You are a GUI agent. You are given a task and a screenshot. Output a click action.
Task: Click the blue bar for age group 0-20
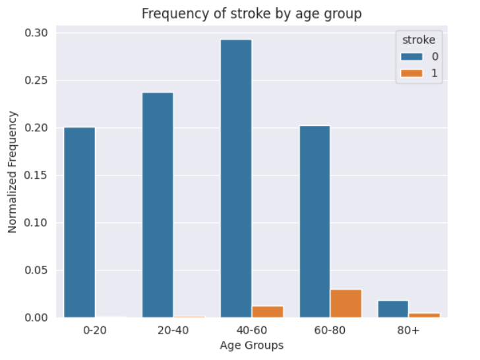pyautogui.click(x=79, y=222)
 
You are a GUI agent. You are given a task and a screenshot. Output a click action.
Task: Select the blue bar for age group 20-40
pyautogui.click(x=158, y=204)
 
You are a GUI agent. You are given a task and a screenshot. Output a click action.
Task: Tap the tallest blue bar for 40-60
pyautogui.click(x=236, y=178)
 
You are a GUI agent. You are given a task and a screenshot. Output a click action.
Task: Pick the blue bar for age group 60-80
pyautogui.click(x=315, y=222)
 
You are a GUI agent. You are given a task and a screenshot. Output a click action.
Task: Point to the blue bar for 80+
pyautogui.click(x=393, y=309)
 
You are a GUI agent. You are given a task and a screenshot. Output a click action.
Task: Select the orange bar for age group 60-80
pyautogui.click(x=346, y=303)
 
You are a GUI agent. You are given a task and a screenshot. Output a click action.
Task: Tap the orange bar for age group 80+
pyautogui.click(x=424, y=315)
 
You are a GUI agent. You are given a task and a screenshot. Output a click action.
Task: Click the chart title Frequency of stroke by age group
pyautogui.click(x=252, y=14)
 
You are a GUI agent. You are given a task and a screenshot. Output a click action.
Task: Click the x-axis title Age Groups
pyautogui.click(x=252, y=345)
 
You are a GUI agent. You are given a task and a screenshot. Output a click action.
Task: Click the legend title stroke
pyautogui.click(x=415, y=40)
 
